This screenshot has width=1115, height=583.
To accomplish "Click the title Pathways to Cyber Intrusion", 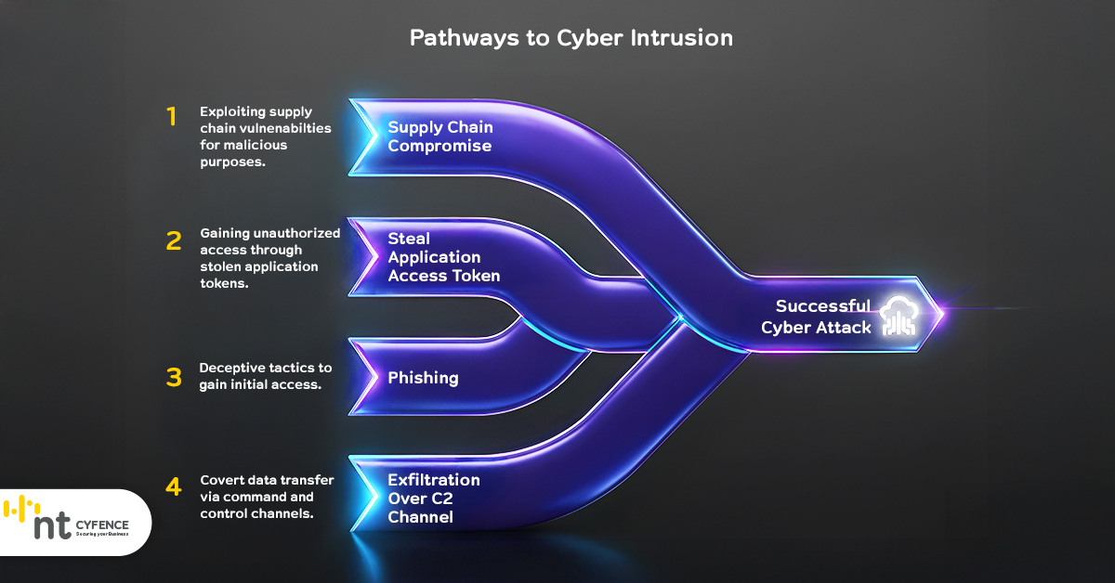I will [x=571, y=38].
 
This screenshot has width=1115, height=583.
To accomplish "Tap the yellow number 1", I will [x=171, y=117].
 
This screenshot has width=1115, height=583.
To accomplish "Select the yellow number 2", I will [x=173, y=241].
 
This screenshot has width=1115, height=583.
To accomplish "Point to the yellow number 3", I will [x=173, y=377].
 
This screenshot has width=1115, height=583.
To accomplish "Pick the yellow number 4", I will [x=173, y=486].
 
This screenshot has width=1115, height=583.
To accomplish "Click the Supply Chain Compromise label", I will [x=439, y=136].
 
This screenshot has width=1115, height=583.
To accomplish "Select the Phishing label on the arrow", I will [x=423, y=378].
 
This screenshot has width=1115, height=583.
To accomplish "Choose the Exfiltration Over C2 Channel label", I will [x=434, y=499].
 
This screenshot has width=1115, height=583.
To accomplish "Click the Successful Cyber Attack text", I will [x=816, y=317].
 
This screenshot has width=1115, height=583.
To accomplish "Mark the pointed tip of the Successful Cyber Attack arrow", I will [x=942, y=314].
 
